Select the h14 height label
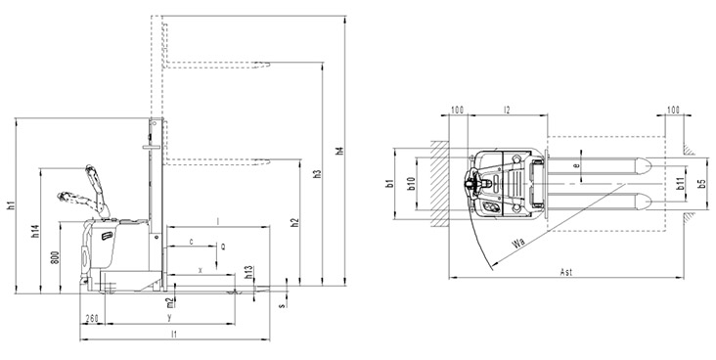click(35, 231)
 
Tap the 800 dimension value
click(55, 258)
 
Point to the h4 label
click(339, 151)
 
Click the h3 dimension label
click(318, 174)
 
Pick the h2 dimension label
click(295, 222)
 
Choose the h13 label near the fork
click(248, 272)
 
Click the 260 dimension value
click(92, 319)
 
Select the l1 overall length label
click(174, 334)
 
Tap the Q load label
click(223, 247)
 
